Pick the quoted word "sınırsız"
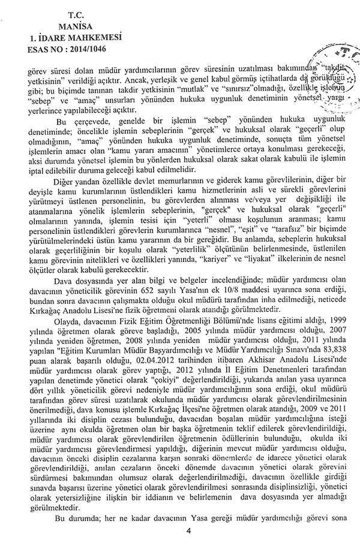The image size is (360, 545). point(245,93)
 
